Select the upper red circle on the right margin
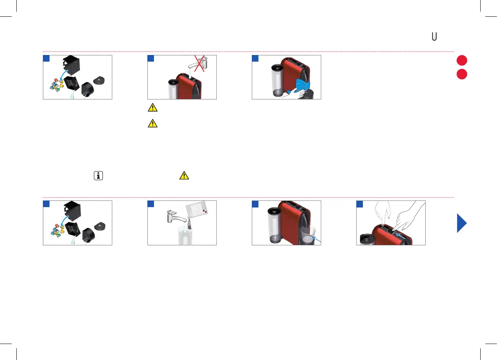[x=462, y=60]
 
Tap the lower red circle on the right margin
[x=462, y=74]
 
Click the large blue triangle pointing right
[x=462, y=223]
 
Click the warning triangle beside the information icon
[x=184, y=176]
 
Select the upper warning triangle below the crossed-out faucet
[x=152, y=107]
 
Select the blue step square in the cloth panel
[x=255, y=59]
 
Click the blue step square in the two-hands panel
[x=360, y=204]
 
